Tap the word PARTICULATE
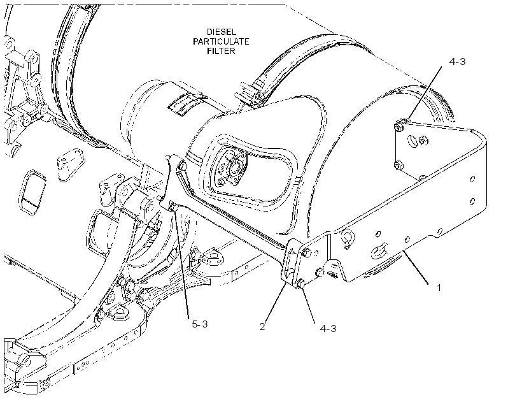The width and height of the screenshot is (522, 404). click(221, 41)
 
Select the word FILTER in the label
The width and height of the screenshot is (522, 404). click(221, 51)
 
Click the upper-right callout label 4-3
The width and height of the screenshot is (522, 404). click(457, 61)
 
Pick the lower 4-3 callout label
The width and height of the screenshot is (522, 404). click(328, 328)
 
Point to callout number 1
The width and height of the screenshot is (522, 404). click(439, 287)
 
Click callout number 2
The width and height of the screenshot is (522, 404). click(262, 327)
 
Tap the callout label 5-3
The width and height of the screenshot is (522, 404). click(200, 324)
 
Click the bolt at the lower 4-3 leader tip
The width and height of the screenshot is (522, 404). click(300, 284)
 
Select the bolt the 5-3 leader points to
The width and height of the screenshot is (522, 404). click(173, 207)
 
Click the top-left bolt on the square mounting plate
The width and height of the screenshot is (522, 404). click(398, 127)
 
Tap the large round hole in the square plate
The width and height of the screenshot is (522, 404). click(413, 141)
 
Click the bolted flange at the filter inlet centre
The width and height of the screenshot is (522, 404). click(232, 168)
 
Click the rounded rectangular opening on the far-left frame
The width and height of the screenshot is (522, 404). click(32, 192)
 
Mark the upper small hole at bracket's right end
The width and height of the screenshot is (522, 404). click(472, 179)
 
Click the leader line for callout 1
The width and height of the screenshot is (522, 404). click(416, 268)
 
